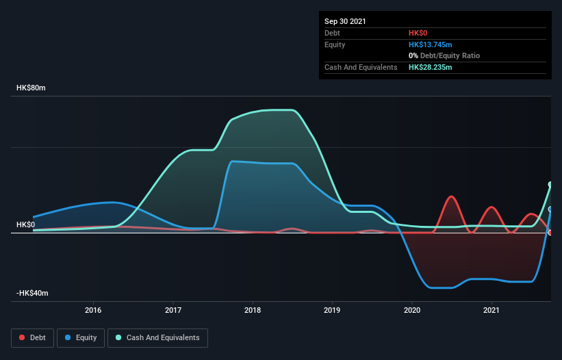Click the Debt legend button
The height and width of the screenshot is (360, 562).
pyautogui.click(x=31, y=337)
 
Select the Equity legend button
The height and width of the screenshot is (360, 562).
pyautogui.click(x=81, y=337)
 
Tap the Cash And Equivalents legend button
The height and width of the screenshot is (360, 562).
pyautogui.click(x=157, y=337)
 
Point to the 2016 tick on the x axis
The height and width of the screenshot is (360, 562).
pyautogui.click(x=93, y=310)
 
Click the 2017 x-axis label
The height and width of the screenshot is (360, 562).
pyautogui.click(x=173, y=310)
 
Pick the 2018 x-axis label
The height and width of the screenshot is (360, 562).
pyautogui.click(x=253, y=310)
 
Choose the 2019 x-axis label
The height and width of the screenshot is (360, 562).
pyautogui.click(x=332, y=310)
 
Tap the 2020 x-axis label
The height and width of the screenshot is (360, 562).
pyautogui.click(x=412, y=310)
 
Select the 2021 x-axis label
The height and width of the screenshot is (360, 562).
pyautogui.click(x=491, y=310)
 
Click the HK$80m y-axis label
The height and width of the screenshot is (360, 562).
pyautogui.click(x=30, y=88)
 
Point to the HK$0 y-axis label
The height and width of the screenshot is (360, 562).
pyautogui.click(x=25, y=224)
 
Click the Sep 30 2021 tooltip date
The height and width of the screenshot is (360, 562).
pyautogui.click(x=345, y=21)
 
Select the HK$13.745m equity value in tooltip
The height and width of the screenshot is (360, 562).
pyautogui.click(x=430, y=44)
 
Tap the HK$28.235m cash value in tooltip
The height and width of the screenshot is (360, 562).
pyautogui.click(x=430, y=67)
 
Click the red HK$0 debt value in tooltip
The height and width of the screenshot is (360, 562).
pyautogui.click(x=418, y=33)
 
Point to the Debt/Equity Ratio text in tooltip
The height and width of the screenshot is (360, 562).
pyautogui.click(x=448, y=55)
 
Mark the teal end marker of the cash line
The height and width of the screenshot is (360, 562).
pyautogui.click(x=550, y=185)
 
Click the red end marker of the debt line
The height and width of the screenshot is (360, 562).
pyautogui.click(x=550, y=233)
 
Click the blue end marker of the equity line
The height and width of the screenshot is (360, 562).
pyautogui.click(x=550, y=209)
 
